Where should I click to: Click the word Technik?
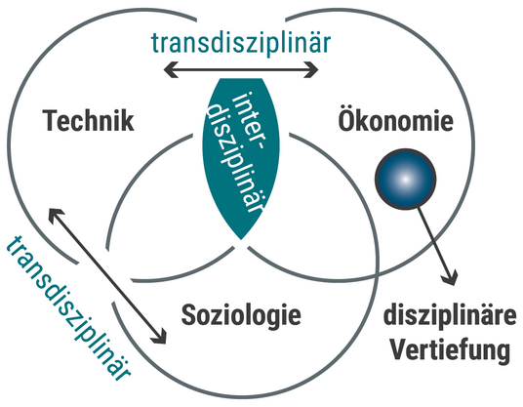click(89, 120)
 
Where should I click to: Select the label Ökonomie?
click(396, 119)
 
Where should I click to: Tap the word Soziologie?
click(241, 315)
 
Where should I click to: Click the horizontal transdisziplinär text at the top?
click(241, 43)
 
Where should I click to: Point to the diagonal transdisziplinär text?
click(68, 307)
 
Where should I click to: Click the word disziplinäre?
click(450, 315)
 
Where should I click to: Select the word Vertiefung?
click(450, 349)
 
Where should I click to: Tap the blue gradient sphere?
click(406, 180)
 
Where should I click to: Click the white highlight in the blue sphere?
click(405, 180)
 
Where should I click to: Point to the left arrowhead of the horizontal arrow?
click(171, 69)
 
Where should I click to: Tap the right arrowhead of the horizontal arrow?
click(311, 69)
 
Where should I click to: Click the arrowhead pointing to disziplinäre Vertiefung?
click(451, 277)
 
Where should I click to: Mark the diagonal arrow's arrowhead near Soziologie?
click(159, 336)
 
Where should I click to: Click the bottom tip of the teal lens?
click(241, 239)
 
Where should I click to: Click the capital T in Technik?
click(51, 120)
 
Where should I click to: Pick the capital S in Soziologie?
click(188, 315)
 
